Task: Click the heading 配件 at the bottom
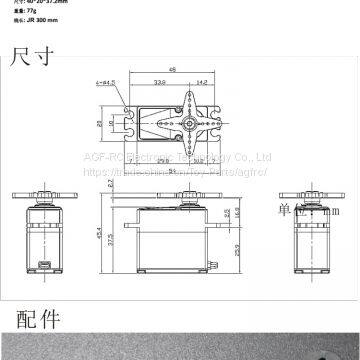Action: (x=37, y=320)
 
